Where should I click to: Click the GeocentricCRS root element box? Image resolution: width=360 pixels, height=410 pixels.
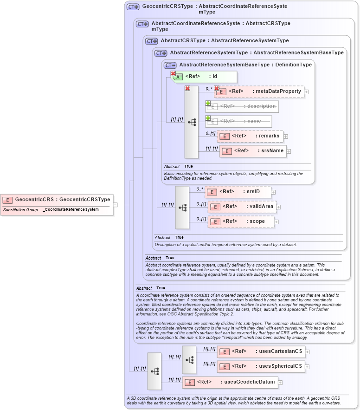pyautogui.click(x=57, y=200)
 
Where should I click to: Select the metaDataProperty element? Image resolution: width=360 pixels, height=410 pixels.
pyautogui.click(x=259, y=91)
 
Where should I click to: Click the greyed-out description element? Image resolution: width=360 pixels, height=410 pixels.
pyautogui.click(x=242, y=106)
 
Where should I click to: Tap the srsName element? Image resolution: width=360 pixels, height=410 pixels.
pyautogui.click(x=253, y=151)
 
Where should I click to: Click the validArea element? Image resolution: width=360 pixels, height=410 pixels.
pyautogui.click(x=242, y=207)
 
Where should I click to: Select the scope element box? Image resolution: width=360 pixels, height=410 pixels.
pyautogui.click(x=241, y=221)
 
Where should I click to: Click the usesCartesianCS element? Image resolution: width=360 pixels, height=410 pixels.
pyautogui.click(x=261, y=351)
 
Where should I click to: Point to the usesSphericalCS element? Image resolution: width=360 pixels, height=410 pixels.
pyautogui.click(x=261, y=366)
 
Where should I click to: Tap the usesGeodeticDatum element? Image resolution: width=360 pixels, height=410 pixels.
pyautogui.click(x=231, y=382)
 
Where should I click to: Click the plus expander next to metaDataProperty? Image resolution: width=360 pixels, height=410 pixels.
pyautogui.click(x=306, y=92)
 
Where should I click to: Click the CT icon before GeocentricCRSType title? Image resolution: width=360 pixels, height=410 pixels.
pyautogui.click(x=133, y=7)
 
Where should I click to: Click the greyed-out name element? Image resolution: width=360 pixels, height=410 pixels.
pyautogui.click(x=238, y=121)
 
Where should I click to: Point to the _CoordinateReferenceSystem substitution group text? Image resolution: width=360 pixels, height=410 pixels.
pyautogui.click(x=71, y=210)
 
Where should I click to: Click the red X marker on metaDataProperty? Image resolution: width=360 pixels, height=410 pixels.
pyautogui.click(x=217, y=88)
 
